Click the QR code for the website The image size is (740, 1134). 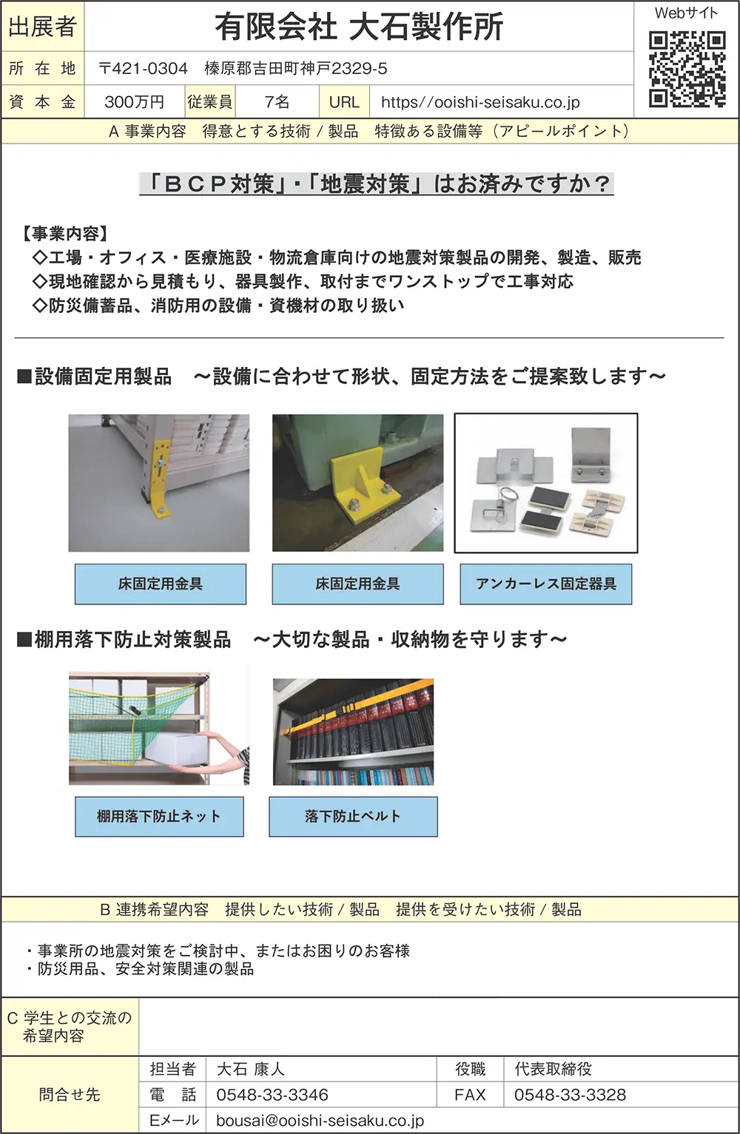[687, 70]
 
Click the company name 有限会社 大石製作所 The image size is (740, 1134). [359, 27]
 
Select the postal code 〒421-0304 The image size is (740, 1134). [144, 68]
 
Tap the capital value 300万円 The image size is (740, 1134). [134, 102]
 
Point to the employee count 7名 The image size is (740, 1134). [277, 102]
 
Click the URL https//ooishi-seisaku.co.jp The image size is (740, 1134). [480, 102]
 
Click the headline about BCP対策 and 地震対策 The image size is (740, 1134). [377, 184]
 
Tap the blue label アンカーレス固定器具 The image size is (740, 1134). [546, 584]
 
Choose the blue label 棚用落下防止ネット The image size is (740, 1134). [159, 817]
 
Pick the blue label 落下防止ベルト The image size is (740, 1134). [353, 817]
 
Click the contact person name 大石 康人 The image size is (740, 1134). [251, 1069]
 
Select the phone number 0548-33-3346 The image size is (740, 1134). [272, 1095]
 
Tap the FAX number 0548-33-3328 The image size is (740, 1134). [570, 1095]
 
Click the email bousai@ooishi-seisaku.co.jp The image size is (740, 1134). [320, 1120]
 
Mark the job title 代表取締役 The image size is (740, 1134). [553, 1069]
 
